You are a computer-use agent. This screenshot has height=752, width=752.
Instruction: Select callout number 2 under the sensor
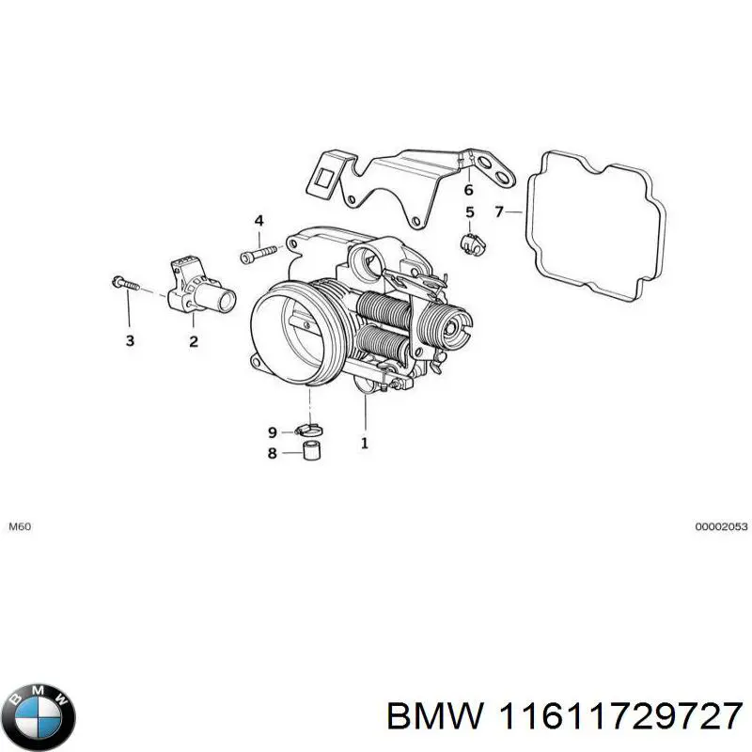[193, 341]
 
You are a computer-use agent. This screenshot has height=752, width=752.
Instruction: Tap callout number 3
[130, 340]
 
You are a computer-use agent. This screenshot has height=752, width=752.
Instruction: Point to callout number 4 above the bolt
[258, 221]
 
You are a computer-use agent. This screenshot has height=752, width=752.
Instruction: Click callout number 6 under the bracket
[469, 189]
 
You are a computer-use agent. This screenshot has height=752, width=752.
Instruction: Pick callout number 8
[273, 453]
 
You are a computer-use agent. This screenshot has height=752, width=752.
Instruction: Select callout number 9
[273, 432]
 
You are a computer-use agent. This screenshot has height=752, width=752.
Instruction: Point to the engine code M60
[20, 527]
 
